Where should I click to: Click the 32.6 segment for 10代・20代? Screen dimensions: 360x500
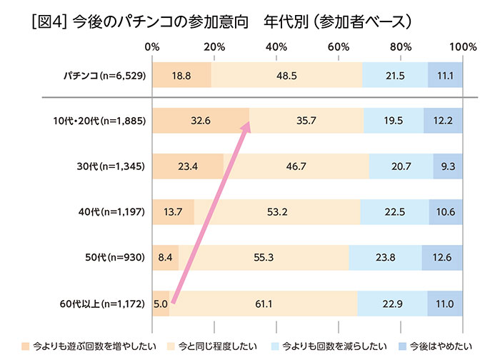(200, 121)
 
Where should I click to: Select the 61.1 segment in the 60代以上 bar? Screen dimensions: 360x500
(263, 304)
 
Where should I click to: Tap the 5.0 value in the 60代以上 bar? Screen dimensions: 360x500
(160, 304)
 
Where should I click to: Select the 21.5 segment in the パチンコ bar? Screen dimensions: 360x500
(395, 75)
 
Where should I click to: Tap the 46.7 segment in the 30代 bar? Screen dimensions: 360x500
(296, 167)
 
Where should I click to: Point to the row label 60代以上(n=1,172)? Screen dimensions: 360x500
(104, 304)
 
